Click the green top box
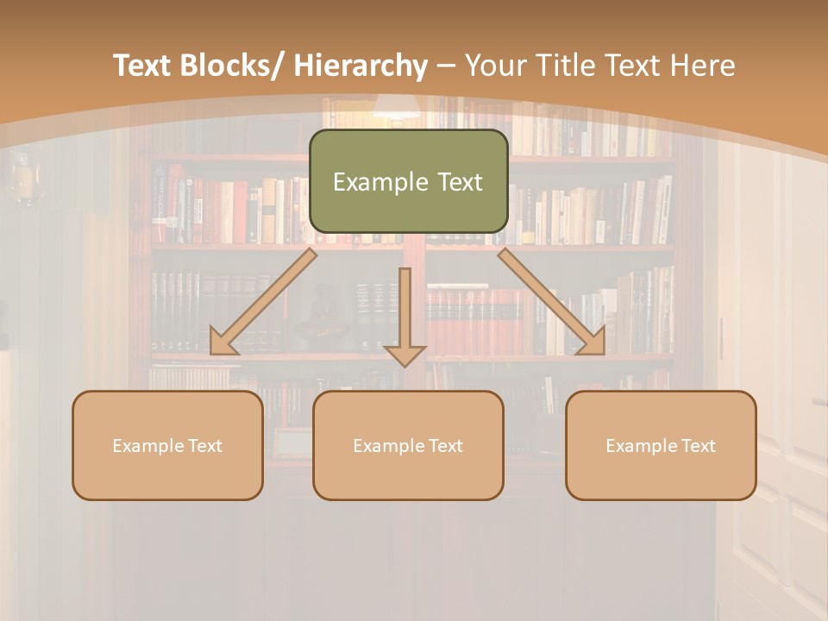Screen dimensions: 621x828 pyautogui.click(x=408, y=181)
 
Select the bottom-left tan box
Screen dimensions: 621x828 pyautogui.click(x=167, y=445)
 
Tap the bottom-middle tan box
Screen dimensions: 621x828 pyautogui.click(x=408, y=445)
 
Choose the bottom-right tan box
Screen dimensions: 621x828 pyautogui.click(x=661, y=445)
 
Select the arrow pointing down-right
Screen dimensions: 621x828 pyautogui.click(x=552, y=302)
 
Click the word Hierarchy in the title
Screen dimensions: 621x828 pyautogui.click(x=361, y=66)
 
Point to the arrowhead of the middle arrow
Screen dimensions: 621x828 pyautogui.click(x=405, y=354)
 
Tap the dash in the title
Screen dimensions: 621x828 pyautogui.click(x=446, y=66)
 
